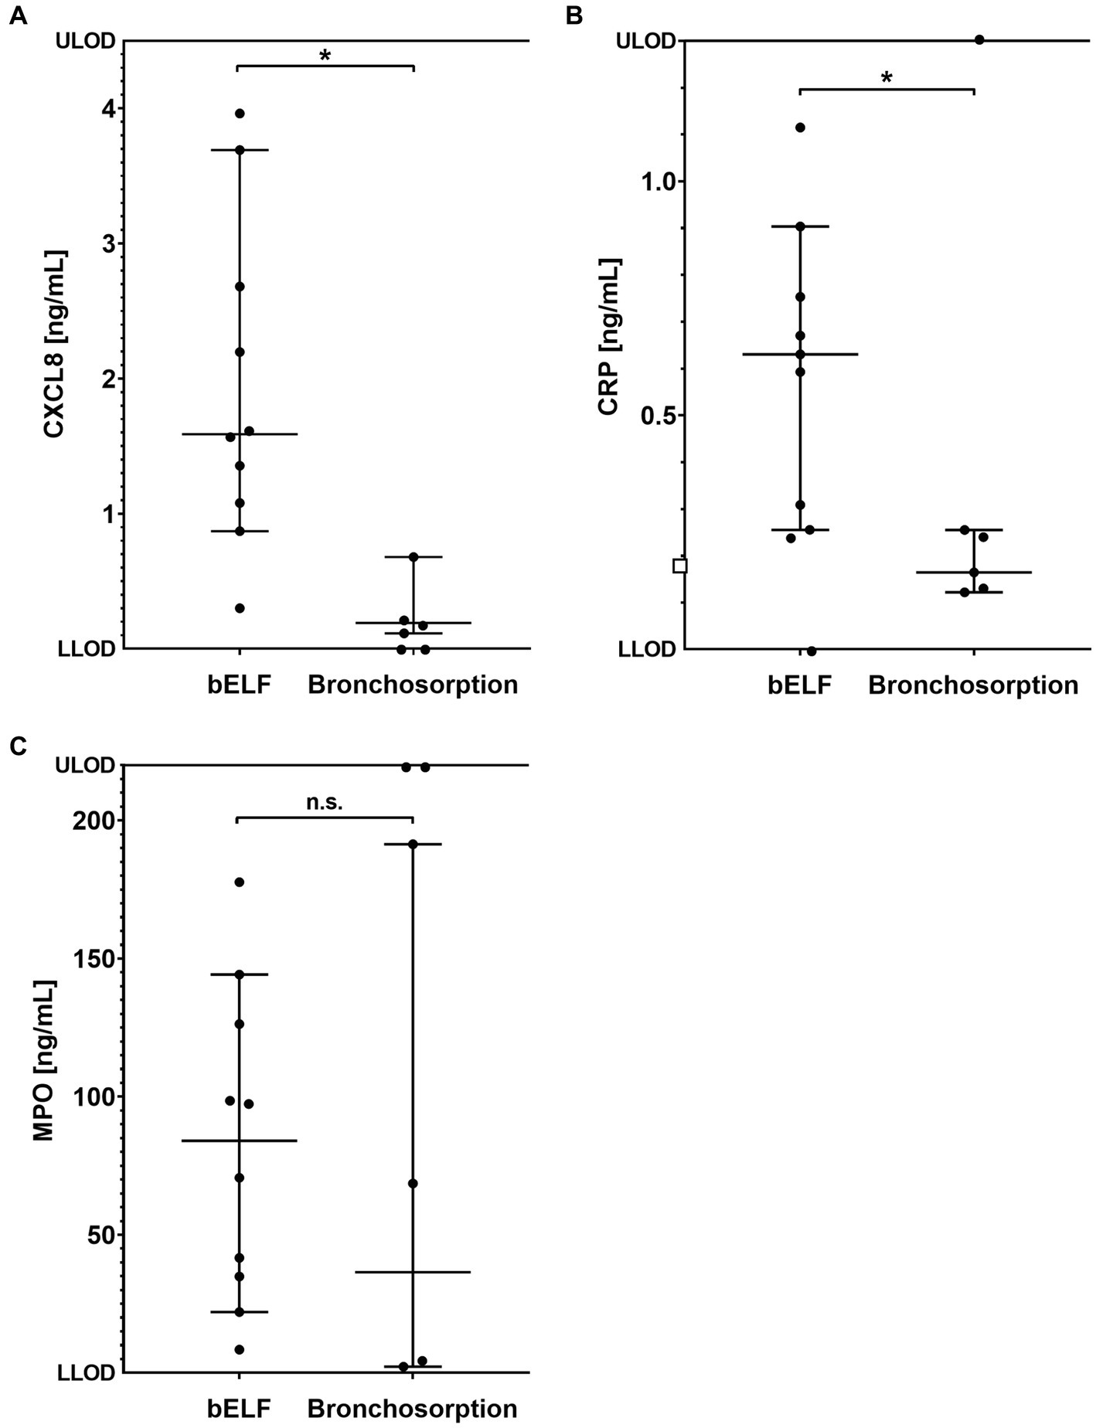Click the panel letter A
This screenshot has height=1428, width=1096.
tap(18, 15)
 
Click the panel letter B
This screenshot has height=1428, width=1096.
tap(574, 15)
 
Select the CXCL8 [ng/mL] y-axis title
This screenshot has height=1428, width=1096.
tap(55, 345)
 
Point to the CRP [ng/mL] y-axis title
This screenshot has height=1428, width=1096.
tap(610, 337)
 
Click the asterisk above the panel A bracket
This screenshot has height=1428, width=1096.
tap(325, 56)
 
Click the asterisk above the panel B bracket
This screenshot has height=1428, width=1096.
tap(887, 78)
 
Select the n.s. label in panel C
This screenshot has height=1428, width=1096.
tap(325, 803)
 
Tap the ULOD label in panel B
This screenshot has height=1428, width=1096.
tap(645, 41)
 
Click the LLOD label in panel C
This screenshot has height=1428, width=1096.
tap(86, 1373)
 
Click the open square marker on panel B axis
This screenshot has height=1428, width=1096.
tap(680, 566)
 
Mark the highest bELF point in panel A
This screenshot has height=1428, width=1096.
tap(240, 114)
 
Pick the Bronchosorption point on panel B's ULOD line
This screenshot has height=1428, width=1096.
tap(979, 40)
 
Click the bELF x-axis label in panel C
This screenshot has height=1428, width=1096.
tap(239, 1408)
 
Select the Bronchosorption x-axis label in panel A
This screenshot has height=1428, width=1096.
tap(413, 685)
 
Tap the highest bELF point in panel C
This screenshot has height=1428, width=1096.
tap(240, 882)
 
